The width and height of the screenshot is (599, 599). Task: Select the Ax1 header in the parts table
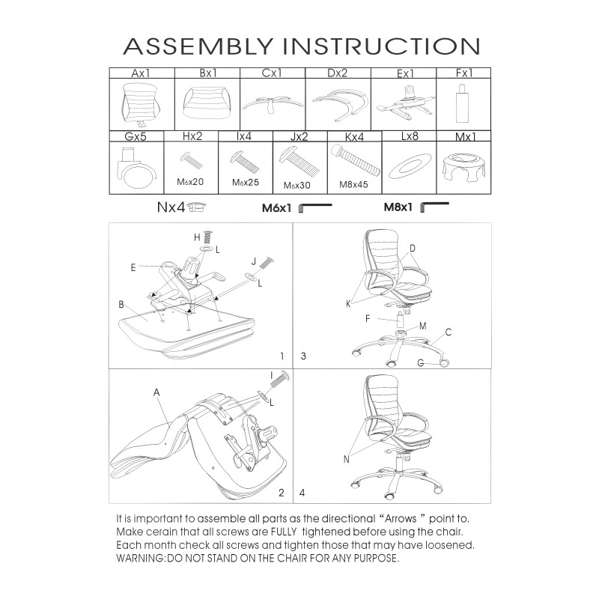(142, 74)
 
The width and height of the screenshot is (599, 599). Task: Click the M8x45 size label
(354, 184)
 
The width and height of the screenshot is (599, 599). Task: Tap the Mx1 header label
(467, 137)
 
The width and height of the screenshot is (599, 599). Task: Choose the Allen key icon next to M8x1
(434, 207)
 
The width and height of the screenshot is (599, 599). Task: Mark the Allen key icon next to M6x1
(314, 208)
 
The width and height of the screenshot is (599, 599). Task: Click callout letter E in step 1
(133, 266)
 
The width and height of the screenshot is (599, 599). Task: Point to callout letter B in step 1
(121, 305)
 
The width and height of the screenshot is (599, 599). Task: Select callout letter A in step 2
(156, 392)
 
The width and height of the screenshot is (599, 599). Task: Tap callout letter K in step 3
(348, 303)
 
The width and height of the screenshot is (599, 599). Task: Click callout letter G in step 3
(422, 362)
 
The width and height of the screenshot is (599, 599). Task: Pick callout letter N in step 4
(346, 459)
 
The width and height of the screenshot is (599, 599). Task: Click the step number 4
(302, 493)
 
